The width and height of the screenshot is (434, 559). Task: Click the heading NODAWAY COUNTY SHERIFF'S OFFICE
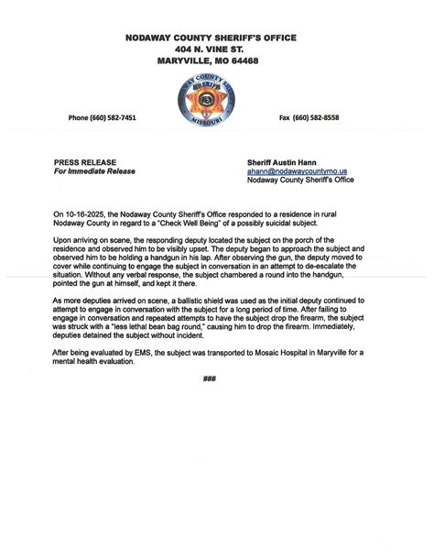pos(216,37)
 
